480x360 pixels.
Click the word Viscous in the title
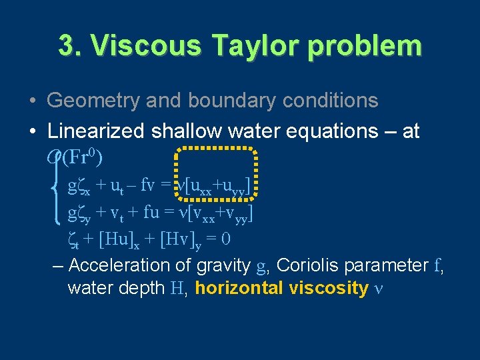point(132,46)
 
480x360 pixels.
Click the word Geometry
point(92,101)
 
